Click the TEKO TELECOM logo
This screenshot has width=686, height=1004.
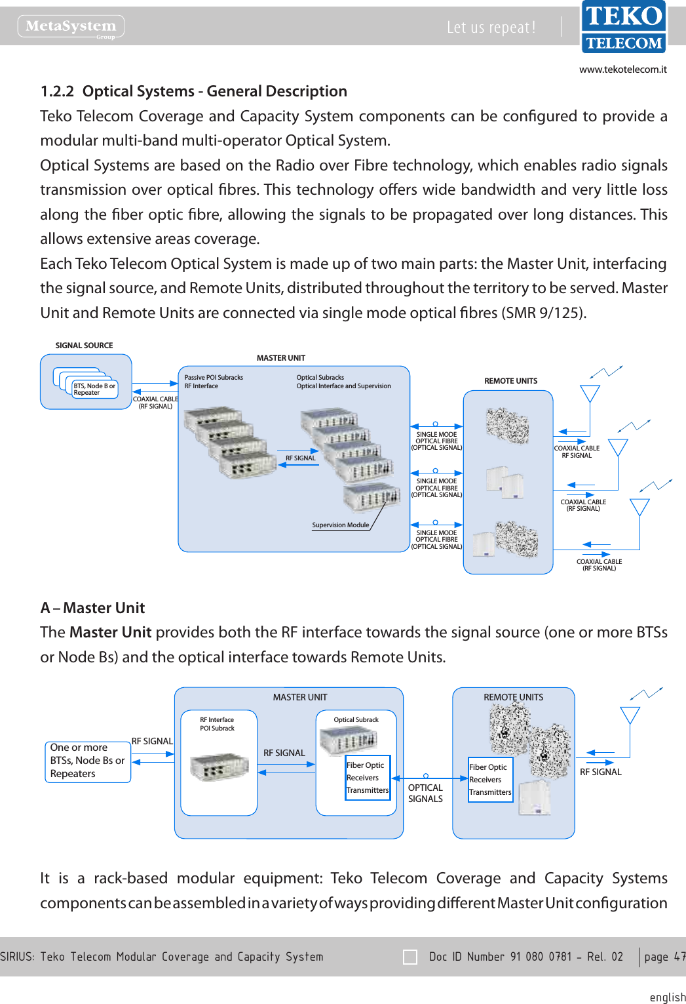click(x=623, y=27)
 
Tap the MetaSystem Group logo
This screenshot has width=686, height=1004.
click(x=71, y=26)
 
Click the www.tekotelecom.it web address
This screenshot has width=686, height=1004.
click(x=622, y=70)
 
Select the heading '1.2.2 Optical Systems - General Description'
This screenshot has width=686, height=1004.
click(x=194, y=91)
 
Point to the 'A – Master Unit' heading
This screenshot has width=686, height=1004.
click(x=92, y=608)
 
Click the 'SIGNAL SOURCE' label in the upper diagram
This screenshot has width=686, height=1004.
click(x=84, y=346)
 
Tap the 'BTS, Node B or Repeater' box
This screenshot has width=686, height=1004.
click(x=94, y=389)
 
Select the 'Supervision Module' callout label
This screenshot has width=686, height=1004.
click(x=341, y=525)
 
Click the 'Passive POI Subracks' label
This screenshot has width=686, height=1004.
click(x=214, y=377)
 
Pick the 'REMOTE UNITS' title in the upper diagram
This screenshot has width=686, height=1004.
click(x=510, y=381)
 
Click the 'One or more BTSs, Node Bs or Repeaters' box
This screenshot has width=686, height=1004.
click(x=88, y=761)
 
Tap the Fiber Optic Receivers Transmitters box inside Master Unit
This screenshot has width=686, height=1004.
click(x=368, y=778)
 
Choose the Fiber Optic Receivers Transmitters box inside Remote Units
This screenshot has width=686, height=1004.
click(x=490, y=779)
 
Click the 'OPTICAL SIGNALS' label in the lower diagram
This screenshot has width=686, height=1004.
click(x=425, y=793)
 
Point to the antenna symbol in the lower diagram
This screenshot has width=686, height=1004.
click(x=630, y=715)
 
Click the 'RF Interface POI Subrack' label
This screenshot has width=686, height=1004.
click(x=217, y=724)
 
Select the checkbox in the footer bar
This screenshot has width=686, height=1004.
click(x=410, y=957)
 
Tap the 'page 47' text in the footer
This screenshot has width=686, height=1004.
click(x=664, y=957)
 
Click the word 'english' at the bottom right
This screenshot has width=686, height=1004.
click(x=667, y=997)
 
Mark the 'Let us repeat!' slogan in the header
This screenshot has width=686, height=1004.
click(x=491, y=27)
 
